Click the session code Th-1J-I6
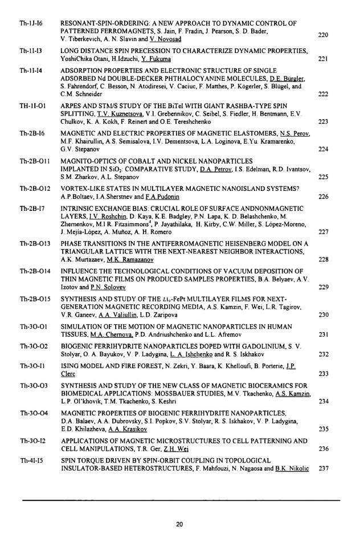pyautogui.click(x=29, y=23)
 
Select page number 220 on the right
pyautogui.click(x=323, y=35)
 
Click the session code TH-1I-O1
pyautogui.click(x=31, y=105)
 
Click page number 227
pyautogui.click(x=323, y=232)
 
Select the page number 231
pyautogui.click(x=323, y=334)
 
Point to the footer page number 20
pyautogui.click(x=179, y=524)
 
